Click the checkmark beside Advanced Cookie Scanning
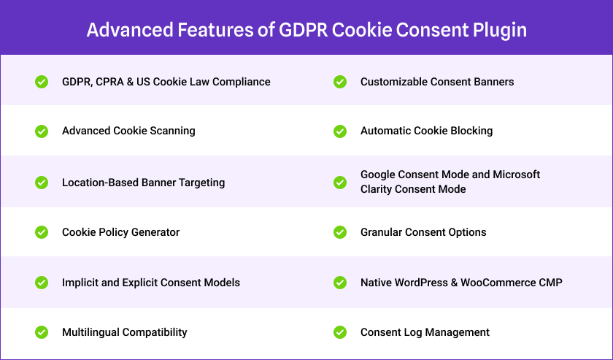coord(42,131)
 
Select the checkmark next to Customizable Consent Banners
coord(340,82)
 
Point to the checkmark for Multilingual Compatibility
coord(42,332)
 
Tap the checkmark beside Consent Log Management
coord(340,332)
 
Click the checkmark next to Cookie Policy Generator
coord(42,232)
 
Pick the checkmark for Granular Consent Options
coord(340,232)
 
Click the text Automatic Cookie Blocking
coord(426,131)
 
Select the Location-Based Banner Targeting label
coord(143,183)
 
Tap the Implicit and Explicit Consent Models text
coord(150,283)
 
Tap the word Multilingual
coord(91,332)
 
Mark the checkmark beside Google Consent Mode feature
coord(340,182)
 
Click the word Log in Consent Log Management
coord(410,332)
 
